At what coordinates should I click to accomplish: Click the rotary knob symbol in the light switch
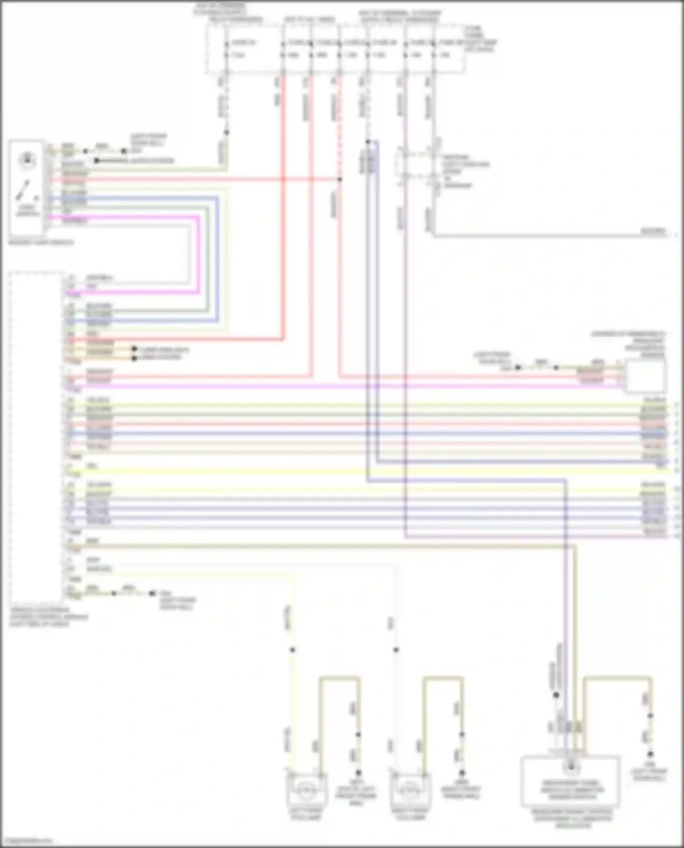click(27, 160)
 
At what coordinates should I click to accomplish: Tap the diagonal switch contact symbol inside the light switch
click(23, 190)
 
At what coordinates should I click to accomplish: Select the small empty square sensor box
click(645, 376)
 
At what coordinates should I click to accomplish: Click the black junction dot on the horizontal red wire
click(339, 180)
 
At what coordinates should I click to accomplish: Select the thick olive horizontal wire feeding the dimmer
click(319, 545)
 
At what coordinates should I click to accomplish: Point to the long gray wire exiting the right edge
click(547, 236)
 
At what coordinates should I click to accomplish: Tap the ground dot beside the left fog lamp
click(358, 773)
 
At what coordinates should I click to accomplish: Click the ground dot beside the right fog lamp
click(462, 773)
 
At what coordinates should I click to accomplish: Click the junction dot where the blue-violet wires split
click(368, 142)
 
